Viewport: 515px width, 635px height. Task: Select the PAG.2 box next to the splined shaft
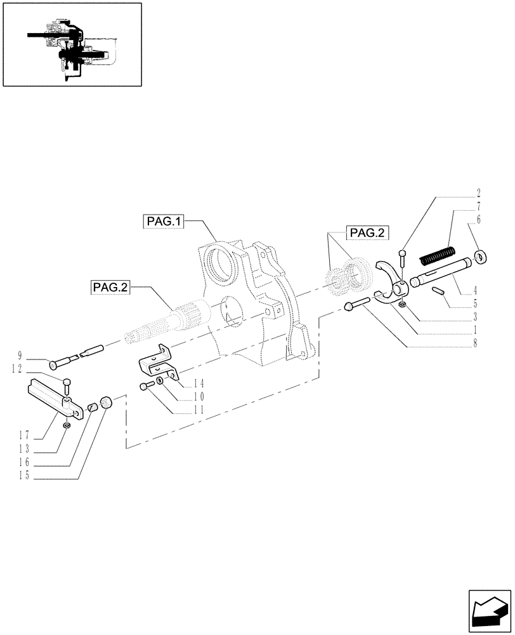[110, 287]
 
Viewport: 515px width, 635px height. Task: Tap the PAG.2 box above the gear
[367, 233]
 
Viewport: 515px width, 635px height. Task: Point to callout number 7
[478, 207]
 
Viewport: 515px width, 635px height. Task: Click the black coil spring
[438, 257]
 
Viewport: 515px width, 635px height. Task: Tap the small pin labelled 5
[437, 291]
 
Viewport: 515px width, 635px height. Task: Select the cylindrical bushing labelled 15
[107, 401]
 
